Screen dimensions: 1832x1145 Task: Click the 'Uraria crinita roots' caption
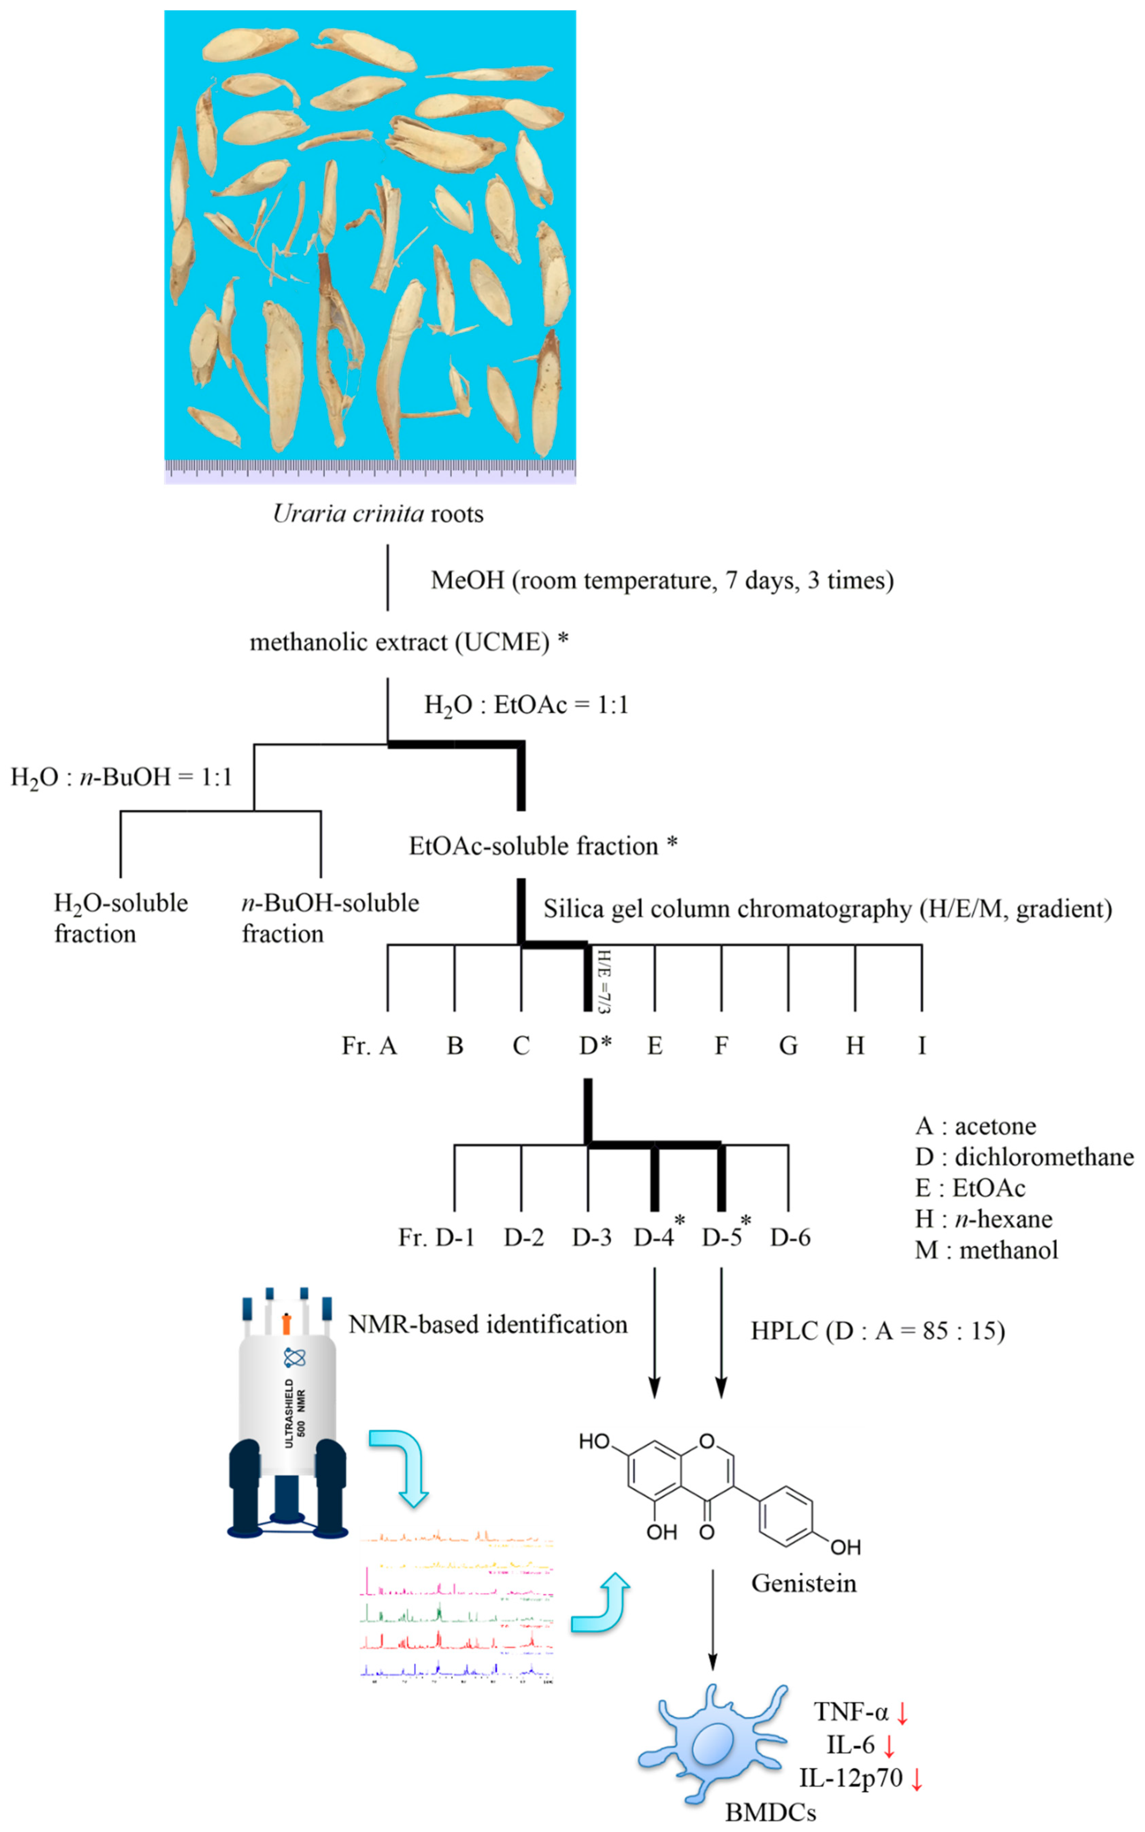point(378,514)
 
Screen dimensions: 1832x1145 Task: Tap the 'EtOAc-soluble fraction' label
point(534,846)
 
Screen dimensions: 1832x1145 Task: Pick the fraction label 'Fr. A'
point(369,1046)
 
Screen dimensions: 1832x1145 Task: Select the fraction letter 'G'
point(788,1046)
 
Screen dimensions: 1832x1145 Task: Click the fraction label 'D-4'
point(654,1238)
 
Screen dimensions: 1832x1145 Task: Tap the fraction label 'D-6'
point(790,1238)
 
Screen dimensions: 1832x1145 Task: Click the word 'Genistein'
point(804,1583)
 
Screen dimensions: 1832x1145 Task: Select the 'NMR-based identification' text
point(488,1325)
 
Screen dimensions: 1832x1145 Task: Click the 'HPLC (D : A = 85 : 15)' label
point(878,1331)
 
